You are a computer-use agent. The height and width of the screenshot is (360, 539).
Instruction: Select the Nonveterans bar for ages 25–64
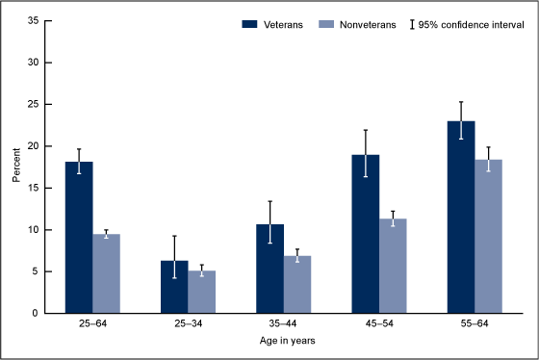107,273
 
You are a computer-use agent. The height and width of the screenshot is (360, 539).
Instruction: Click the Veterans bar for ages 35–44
270,269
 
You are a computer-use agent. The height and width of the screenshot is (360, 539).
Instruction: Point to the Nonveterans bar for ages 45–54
394,266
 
